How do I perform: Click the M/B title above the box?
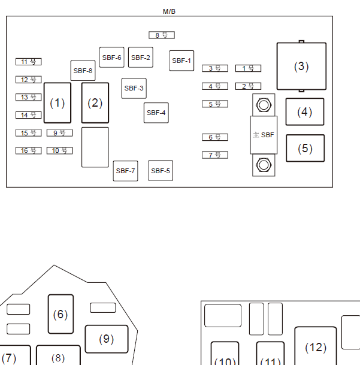click(169, 11)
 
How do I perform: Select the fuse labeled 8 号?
click(162, 35)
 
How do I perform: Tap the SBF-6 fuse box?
click(111, 58)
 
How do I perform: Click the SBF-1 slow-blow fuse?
click(181, 61)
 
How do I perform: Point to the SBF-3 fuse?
click(134, 88)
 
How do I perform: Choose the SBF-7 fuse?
click(125, 171)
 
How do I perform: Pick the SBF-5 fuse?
click(161, 171)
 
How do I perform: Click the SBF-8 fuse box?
click(83, 71)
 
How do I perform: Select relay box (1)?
click(58, 103)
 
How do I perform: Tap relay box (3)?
click(301, 66)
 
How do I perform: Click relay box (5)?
click(305, 148)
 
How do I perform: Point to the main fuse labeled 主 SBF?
click(264, 135)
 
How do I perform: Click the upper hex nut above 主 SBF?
click(264, 105)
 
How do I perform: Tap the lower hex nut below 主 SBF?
click(264, 165)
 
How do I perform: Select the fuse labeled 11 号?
click(29, 62)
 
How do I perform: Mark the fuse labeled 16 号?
click(29, 150)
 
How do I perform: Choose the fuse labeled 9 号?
click(59, 133)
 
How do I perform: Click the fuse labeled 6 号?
click(215, 137)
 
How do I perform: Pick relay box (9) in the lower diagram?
click(107, 339)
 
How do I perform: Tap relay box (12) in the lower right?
click(316, 347)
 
